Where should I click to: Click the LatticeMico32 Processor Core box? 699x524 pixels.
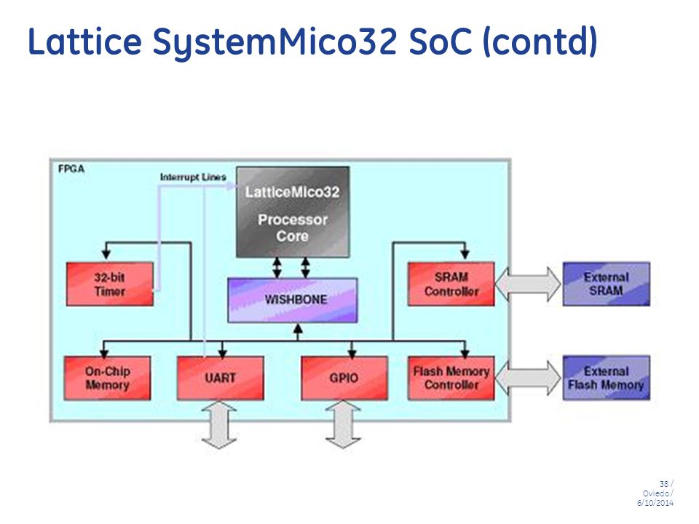coord(293,212)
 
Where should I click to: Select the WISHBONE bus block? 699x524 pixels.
coord(293,300)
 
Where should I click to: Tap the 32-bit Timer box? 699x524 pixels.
coord(110,285)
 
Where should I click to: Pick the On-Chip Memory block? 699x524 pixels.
coord(108,378)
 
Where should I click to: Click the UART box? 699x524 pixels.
coord(220,378)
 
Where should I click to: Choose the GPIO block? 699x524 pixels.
coord(344,378)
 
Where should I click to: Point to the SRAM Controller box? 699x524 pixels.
coord(451,285)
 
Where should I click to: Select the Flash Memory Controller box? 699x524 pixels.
coord(451,378)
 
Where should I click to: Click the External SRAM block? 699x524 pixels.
coord(607,284)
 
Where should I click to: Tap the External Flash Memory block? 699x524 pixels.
coord(607,378)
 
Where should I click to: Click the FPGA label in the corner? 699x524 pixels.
coord(71,169)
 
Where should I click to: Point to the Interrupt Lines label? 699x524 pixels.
coord(193,177)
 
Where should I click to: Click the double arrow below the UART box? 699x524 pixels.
coord(219,424)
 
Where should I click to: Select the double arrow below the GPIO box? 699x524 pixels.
coord(343,424)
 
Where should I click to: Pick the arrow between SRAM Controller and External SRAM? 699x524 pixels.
coord(529,284)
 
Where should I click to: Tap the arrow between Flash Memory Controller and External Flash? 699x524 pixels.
coord(529,378)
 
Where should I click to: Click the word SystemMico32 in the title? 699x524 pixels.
coord(275,42)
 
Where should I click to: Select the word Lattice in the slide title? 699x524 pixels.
coord(84,41)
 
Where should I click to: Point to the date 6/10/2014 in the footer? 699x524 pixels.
coord(655,503)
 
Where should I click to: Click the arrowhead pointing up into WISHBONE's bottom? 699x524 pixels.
coord(299,329)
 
